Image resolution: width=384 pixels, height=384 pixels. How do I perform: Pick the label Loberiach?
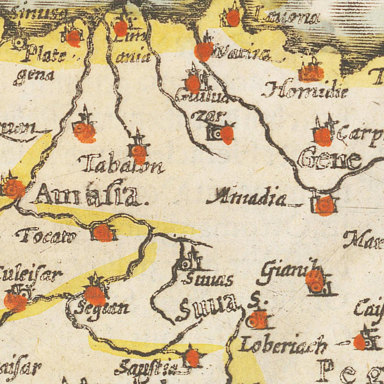point(283,345)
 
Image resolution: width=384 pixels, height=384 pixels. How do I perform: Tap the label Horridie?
point(305,92)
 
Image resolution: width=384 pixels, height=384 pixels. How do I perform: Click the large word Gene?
point(330,160)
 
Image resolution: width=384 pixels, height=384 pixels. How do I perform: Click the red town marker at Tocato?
point(102,233)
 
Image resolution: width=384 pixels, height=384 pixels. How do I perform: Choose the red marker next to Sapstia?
point(192,357)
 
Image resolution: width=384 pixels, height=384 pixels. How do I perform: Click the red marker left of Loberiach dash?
point(360,342)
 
